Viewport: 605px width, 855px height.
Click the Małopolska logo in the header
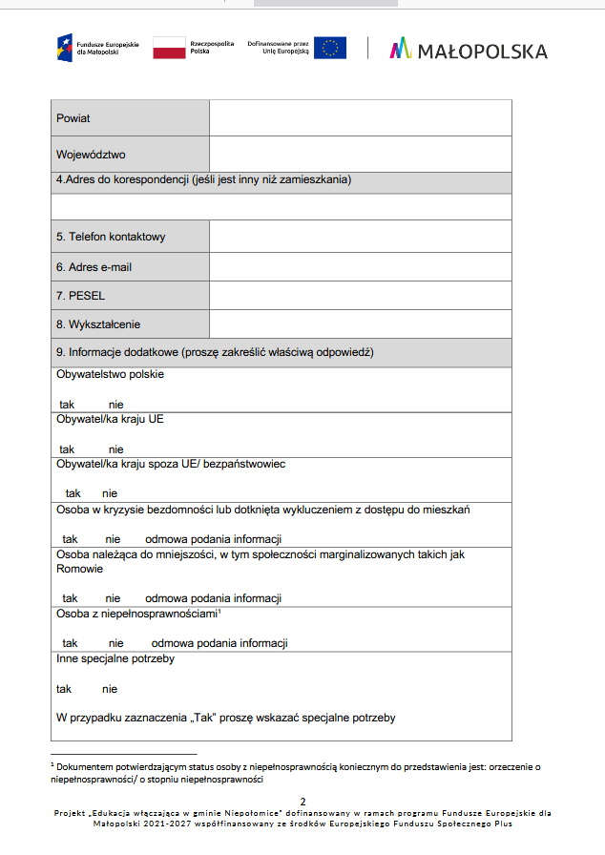coord(468,50)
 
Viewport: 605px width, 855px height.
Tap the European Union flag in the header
coord(330,48)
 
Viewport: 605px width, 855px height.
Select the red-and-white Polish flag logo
coord(169,48)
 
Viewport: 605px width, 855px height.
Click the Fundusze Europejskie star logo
coord(64,47)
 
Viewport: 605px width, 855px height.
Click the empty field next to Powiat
coord(360,117)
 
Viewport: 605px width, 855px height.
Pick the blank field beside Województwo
coord(360,154)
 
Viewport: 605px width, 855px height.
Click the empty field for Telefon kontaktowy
coord(360,236)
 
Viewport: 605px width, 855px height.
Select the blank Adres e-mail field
coord(360,266)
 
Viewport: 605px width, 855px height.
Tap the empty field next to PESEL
coord(360,296)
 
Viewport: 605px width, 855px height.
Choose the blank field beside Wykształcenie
coord(360,324)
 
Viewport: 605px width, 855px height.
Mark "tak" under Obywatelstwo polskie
coord(67,405)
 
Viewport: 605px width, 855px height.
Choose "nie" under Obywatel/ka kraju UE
coord(115,449)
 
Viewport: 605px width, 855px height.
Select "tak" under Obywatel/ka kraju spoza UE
coord(73,493)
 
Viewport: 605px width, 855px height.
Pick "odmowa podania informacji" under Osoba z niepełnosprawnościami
coord(219,643)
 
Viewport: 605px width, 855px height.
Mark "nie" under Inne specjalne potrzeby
coord(110,689)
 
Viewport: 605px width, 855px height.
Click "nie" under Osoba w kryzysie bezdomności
coord(113,539)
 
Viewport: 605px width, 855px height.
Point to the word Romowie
coord(79,569)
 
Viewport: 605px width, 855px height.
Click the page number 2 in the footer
coord(302,801)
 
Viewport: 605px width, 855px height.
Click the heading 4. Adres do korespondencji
coord(202,179)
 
